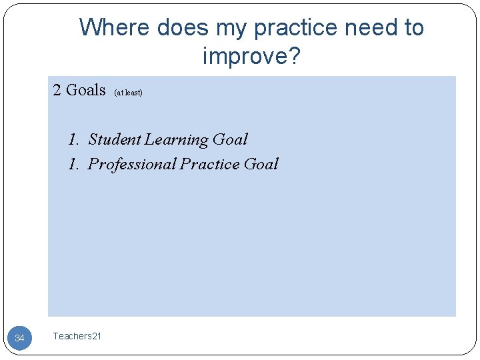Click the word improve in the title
coord(246,57)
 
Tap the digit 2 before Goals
coord(57,90)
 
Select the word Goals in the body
coord(86,90)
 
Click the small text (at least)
coord(129,93)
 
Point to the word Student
coord(115,139)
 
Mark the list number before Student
coord(73,139)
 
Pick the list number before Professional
coord(73,164)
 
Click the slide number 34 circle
coord(19,338)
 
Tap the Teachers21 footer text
coord(77,336)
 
